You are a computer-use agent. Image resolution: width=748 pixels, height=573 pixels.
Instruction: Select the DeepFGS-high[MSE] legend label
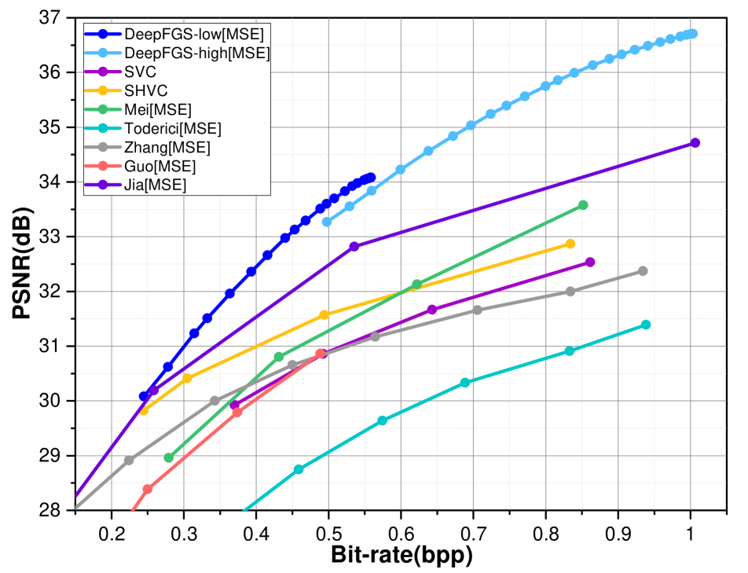click(x=197, y=53)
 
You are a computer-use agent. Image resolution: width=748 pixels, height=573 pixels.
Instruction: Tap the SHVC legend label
click(x=146, y=91)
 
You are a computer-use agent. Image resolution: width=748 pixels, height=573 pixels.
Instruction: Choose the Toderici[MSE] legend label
click(x=173, y=129)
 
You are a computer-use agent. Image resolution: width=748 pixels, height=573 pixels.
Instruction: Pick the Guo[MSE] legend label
click(x=160, y=167)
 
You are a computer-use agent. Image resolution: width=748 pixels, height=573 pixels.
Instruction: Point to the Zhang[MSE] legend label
click(x=167, y=148)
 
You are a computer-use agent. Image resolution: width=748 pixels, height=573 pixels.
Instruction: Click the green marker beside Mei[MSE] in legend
click(x=103, y=110)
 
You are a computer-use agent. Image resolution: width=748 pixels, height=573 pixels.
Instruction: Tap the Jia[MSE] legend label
click(x=156, y=185)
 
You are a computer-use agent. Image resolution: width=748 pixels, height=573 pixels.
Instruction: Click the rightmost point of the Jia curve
click(x=695, y=143)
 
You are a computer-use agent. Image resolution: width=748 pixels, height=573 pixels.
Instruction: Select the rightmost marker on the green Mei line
click(x=583, y=205)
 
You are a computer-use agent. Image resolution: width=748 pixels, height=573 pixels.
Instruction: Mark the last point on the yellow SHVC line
click(x=570, y=244)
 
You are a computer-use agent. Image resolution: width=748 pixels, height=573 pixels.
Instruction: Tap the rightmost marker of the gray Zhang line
click(x=643, y=271)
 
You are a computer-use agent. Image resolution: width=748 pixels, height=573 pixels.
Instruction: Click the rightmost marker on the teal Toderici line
click(x=646, y=325)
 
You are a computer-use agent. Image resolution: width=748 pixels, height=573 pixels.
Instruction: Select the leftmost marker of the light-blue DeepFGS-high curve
click(x=327, y=222)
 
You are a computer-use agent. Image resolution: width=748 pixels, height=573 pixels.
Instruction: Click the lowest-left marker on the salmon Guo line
click(x=148, y=489)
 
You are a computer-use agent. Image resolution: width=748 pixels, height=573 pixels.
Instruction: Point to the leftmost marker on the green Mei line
click(x=169, y=457)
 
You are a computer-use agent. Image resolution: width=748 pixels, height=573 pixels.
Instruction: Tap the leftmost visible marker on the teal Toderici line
click(x=299, y=469)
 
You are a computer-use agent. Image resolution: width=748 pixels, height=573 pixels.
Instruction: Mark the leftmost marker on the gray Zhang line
click(x=129, y=461)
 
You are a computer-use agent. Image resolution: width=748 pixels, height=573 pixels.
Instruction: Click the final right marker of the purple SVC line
click(x=590, y=262)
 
